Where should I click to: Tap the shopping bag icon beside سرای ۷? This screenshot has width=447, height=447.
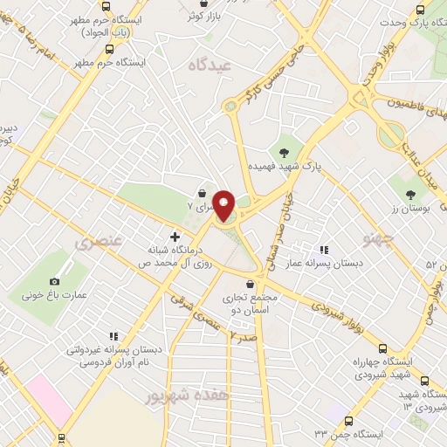(x=203, y=193)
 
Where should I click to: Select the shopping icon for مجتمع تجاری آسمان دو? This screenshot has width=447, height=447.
(x=251, y=284)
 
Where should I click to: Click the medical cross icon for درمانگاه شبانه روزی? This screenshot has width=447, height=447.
(x=175, y=237)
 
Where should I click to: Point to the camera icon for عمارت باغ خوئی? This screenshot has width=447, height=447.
(x=55, y=281)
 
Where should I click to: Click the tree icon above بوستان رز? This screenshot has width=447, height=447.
(x=411, y=194)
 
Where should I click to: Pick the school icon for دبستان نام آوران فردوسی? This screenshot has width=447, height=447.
(x=112, y=336)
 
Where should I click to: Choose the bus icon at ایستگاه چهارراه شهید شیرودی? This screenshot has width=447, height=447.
(x=425, y=381)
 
